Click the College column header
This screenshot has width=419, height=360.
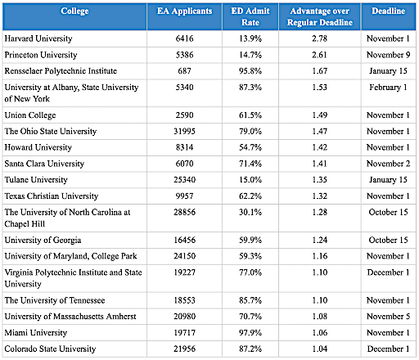[74, 11]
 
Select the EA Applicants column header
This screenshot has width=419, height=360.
[185, 11]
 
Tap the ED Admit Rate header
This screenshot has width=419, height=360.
[250, 16]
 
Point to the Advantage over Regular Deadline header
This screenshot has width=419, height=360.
[320, 16]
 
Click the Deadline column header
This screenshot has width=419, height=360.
[389, 11]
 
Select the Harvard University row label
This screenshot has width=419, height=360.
[38, 38]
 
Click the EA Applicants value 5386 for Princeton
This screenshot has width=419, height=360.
[185, 55]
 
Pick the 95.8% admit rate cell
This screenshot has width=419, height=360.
[250, 71]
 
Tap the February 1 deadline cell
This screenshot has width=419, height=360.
[388, 88]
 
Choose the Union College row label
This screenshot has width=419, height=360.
[30, 115]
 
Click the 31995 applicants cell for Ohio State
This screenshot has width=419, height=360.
[185, 132]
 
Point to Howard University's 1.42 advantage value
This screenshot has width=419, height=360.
[320, 147]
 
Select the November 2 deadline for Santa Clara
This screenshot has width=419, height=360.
[389, 164]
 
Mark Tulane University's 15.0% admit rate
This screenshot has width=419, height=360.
[250, 180]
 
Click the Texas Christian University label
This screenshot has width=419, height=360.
[52, 196]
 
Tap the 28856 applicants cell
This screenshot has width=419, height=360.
[185, 212]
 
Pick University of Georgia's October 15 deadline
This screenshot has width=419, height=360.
[389, 240]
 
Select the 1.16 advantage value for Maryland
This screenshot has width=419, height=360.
[320, 256]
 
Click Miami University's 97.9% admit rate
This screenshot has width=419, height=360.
[250, 333]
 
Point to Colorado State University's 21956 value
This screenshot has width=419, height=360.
[185, 349]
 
